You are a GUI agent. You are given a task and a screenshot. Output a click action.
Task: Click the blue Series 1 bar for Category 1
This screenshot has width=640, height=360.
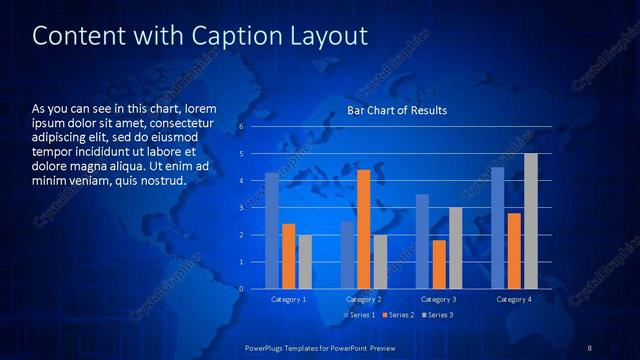coord(272,231)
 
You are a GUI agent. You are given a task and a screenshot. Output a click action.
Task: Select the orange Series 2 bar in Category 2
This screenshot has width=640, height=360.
coord(363,229)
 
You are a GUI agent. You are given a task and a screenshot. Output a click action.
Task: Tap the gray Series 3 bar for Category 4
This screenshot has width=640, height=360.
coord(531,221)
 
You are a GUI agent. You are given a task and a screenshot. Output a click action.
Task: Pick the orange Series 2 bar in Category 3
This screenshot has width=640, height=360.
coord(439,264)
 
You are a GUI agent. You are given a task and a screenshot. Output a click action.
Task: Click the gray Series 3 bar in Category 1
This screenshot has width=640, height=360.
coord(305,262)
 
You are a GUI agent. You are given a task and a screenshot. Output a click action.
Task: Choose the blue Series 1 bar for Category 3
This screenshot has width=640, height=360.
coord(422,241)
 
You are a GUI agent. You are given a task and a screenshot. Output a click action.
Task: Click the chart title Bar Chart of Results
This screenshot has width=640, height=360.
coord(397,110)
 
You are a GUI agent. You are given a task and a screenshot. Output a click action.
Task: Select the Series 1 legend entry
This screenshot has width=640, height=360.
coord(360,315)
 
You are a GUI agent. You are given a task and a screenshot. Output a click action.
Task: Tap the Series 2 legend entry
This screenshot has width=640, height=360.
coord(398,315)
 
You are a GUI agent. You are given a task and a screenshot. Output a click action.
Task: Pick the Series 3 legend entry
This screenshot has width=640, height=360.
coord(436,315)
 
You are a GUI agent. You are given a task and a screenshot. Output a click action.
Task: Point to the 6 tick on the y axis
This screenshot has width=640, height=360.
coord(241,127)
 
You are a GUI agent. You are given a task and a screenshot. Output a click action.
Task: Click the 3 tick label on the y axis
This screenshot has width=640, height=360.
coord(241,208)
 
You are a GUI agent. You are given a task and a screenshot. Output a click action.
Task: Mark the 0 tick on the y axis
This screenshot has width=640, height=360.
coord(241,289)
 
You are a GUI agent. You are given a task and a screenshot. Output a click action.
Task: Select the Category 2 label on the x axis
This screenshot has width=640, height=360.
coord(364,299)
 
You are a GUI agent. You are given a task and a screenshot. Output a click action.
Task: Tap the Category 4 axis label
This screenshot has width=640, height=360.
coord(514,299)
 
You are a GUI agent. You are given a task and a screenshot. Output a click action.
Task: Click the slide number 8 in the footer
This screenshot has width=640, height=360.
coord(590,347)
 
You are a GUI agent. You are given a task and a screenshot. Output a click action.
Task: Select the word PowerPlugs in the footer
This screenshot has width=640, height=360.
coord(268,347)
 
